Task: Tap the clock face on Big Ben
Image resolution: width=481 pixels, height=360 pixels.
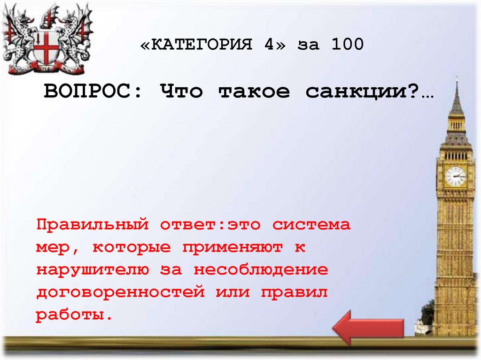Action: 455,176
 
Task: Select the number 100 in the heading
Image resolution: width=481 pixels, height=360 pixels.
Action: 347,45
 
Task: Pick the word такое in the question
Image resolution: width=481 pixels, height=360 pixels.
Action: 254,92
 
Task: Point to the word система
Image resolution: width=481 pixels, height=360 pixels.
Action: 311,225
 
